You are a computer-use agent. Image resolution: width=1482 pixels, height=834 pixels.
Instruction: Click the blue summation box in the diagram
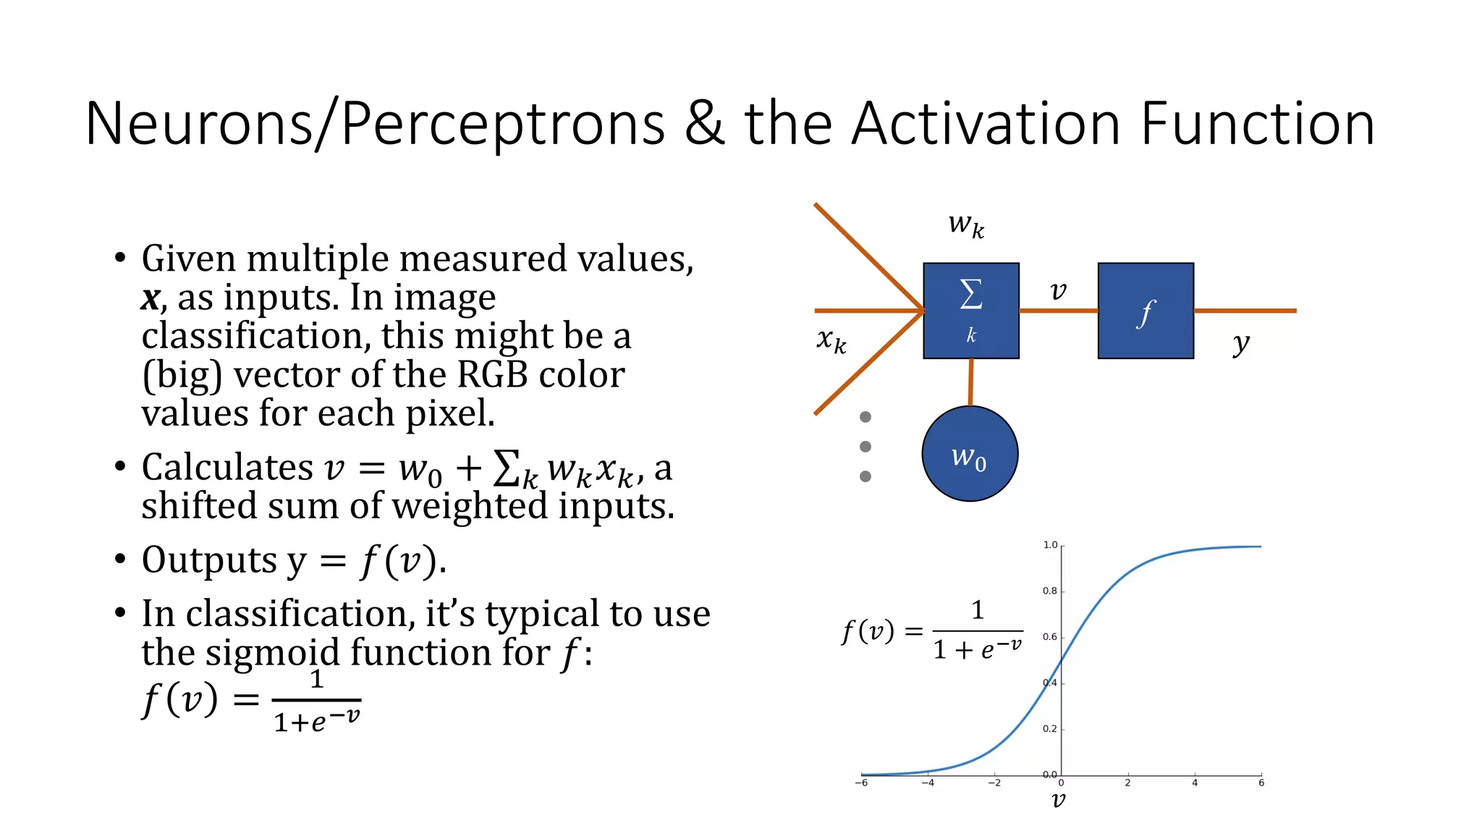coord(970,311)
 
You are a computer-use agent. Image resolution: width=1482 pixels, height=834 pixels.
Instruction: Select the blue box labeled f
coord(1145,311)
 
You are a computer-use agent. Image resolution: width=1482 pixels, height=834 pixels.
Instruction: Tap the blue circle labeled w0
coord(970,454)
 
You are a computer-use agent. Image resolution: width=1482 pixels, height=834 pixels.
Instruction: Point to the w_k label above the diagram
coord(966,224)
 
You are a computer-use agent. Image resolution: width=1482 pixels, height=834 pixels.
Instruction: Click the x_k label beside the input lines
coord(831,340)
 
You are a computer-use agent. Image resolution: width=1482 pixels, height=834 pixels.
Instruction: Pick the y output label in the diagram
coord(1241,344)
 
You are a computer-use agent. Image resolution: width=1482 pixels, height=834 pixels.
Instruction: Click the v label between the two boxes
coord(1058,291)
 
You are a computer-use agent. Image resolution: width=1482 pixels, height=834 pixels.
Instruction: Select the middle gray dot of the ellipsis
coord(865,447)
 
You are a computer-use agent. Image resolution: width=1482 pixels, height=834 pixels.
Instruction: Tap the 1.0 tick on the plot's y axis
coord(1050,545)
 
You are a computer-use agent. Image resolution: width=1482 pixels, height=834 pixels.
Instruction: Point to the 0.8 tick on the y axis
coord(1050,591)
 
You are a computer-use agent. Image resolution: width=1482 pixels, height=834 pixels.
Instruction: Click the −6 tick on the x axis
coord(861,783)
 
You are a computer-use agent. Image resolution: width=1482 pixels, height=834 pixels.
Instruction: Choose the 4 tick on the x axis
coord(1195,783)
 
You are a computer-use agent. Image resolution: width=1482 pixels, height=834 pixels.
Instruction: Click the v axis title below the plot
coord(1058,800)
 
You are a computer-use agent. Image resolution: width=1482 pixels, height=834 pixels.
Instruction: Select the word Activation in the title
coord(986,123)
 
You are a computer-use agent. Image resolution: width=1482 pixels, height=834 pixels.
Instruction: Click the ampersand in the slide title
coord(704,123)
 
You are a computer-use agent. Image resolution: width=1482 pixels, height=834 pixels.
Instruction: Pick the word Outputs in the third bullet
coord(209,560)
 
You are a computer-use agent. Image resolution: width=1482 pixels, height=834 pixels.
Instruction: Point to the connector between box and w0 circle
coord(970,382)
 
